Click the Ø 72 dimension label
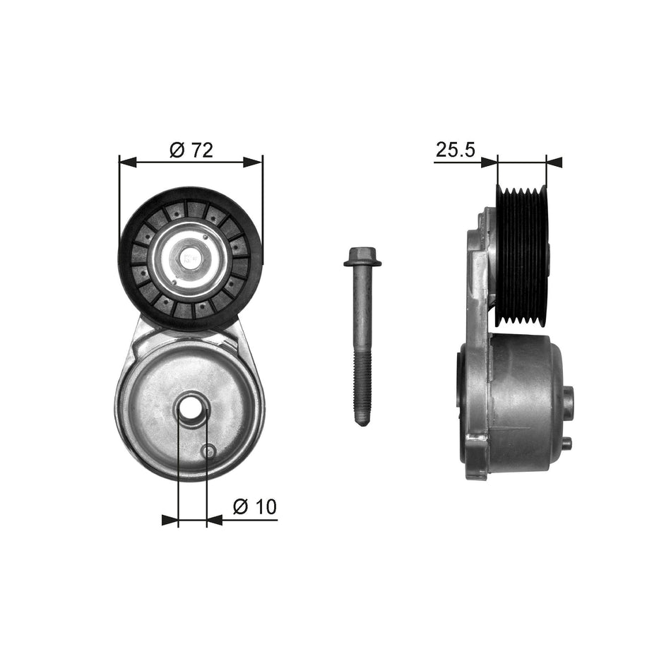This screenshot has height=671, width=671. (191, 150)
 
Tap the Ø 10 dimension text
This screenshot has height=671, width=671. (254, 506)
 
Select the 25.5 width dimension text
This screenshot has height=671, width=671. (454, 150)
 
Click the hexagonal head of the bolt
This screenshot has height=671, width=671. (362, 257)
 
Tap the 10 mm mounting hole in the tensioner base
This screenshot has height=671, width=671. (192, 410)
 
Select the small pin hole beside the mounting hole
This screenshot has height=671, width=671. (208, 451)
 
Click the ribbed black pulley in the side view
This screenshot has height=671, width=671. (522, 256)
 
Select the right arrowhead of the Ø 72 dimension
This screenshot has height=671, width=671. (255, 162)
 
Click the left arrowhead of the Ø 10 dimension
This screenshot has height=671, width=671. (170, 521)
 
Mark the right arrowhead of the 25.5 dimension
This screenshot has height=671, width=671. (554, 162)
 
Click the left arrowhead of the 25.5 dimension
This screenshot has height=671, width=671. (489, 162)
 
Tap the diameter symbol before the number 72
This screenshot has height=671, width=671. (177, 150)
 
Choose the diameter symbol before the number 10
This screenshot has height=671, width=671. (240, 506)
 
